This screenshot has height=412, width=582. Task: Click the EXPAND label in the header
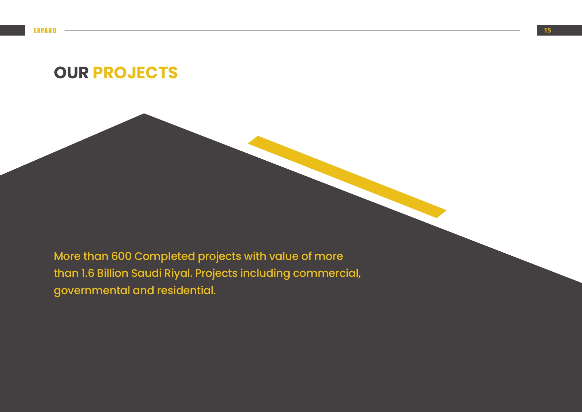(x=45, y=31)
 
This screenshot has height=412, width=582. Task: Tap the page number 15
(x=547, y=31)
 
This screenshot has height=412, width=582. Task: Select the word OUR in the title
(x=71, y=73)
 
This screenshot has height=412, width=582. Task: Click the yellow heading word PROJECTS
(x=135, y=73)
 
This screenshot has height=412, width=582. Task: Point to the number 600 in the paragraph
(x=121, y=256)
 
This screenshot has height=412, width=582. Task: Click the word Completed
(x=165, y=257)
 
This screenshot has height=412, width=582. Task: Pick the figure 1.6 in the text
(x=88, y=273)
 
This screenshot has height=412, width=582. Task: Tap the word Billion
(x=112, y=273)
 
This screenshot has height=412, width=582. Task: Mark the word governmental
(x=92, y=291)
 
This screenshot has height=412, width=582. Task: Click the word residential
(x=186, y=290)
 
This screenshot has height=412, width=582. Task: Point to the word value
(x=284, y=256)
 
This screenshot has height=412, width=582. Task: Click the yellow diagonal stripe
(x=347, y=177)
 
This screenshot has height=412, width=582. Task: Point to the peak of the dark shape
(x=144, y=114)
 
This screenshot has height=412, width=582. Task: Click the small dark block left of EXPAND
(x=12, y=30)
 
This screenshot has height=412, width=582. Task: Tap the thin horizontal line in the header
(x=292, y=30)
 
